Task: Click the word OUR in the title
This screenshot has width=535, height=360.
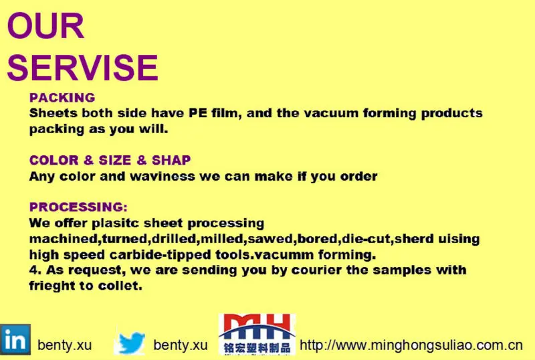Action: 45,26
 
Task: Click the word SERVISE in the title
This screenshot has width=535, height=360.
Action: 82,68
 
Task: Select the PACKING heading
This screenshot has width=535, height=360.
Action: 62,98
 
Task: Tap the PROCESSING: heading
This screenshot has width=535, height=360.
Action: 78,207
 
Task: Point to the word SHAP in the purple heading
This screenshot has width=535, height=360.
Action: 171,160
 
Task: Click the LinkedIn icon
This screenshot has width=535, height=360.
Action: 15,339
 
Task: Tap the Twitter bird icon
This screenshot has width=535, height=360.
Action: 130,343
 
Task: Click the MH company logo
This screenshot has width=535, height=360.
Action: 257,335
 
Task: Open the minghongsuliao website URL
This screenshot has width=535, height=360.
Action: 411,345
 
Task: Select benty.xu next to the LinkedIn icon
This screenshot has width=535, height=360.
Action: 64,345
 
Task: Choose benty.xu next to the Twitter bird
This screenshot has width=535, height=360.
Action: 181,345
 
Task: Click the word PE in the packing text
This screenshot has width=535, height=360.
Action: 198,113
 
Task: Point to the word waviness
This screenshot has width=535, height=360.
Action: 163,176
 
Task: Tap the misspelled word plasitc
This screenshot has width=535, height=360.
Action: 115,223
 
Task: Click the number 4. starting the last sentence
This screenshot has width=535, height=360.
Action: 35,270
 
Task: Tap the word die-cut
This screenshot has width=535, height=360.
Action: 366,239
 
